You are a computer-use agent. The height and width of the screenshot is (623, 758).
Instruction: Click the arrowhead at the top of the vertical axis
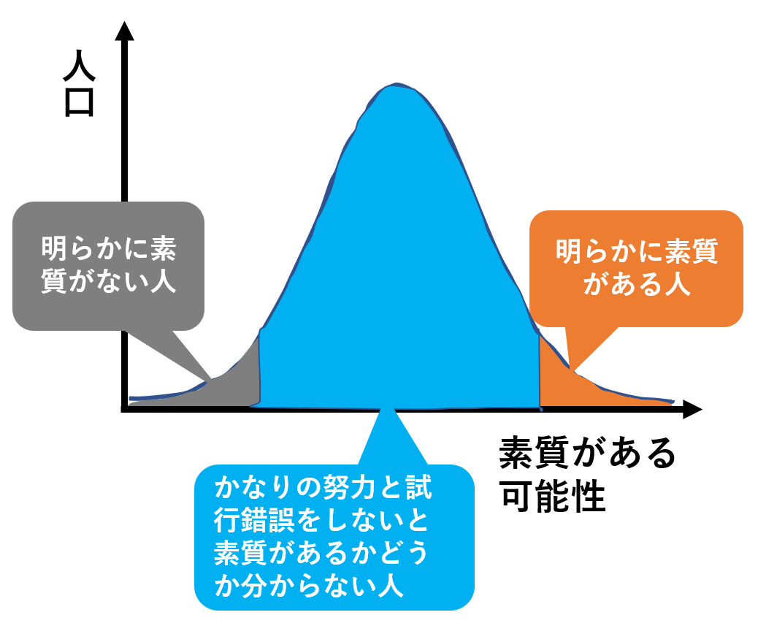[x=126, y=31]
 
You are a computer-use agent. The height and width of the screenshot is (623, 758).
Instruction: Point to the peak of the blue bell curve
[x=395, y=86]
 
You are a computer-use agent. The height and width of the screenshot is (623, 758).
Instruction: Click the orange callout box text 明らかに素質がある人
[x=636, y=268]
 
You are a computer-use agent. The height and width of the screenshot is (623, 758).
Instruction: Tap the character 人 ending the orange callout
[x=678, y=285]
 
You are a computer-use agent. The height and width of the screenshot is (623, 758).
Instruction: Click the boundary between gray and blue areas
[x=259, y=369]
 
